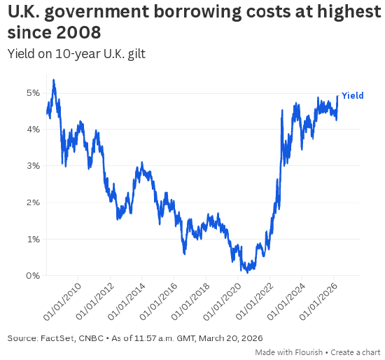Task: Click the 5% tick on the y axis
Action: pyautogui.click(x=32, y=92)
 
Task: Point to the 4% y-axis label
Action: pyautogui.click(x=32, y=129)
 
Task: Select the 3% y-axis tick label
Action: pyautogui.click(x=32, y=166)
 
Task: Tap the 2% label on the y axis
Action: pyautogui.click(x=32, y=202)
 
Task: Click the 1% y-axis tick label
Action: pyautogui.click(x=32, y=239)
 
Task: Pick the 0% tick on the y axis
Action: pyautogui.click(x=32, y=275)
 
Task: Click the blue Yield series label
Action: pyautogui.click(x=352, y=95)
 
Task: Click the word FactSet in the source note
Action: pyautogui.click(x=61, y=338)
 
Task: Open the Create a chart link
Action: pyautogui.click(x=356, y=352)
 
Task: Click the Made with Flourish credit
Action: pyautogui.click(x=288, y=352)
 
